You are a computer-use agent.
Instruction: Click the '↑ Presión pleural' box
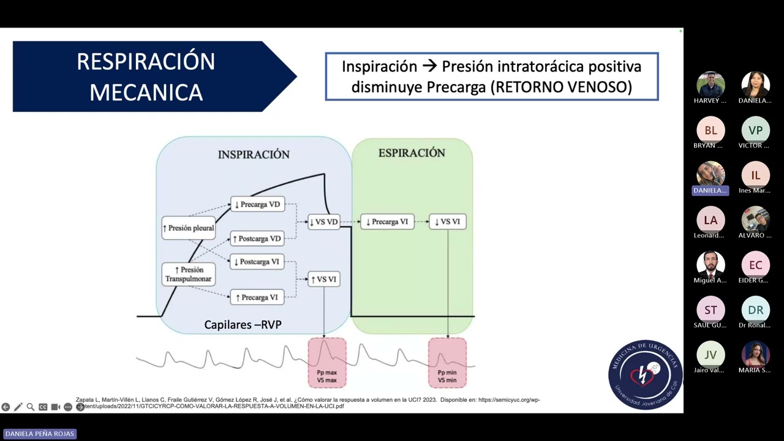tap(189, 228)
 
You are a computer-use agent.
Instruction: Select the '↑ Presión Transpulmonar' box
tap(189, 274)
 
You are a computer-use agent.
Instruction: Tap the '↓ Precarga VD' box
tap(258, 204)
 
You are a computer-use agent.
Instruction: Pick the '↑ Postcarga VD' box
tap(257, 238)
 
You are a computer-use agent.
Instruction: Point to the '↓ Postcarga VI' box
tap(257, 262)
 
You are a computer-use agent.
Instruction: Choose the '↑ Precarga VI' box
tap(257, 297)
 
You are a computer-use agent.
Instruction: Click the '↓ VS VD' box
tap(323, 222)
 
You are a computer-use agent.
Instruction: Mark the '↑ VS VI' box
tap(323, 279)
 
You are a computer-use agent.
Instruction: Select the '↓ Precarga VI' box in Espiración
tap(387, 222)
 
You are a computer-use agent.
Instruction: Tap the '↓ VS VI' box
tap(448, 222)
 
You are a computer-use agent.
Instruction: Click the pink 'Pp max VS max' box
tap(327, 363)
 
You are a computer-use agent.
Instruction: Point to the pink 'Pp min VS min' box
tap(447, 363)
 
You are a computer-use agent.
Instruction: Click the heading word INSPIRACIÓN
tap(254, 154)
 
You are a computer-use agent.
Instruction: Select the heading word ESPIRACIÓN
tap(412, 153)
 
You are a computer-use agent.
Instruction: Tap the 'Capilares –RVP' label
tap(243, 325)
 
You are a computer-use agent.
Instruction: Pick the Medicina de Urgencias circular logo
tap(645, 375)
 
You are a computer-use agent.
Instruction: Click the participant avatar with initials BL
tap(710, 130)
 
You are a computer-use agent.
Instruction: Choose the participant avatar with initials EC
tap(755, 265)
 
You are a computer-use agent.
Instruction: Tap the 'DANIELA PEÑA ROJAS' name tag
tap(40, 434)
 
